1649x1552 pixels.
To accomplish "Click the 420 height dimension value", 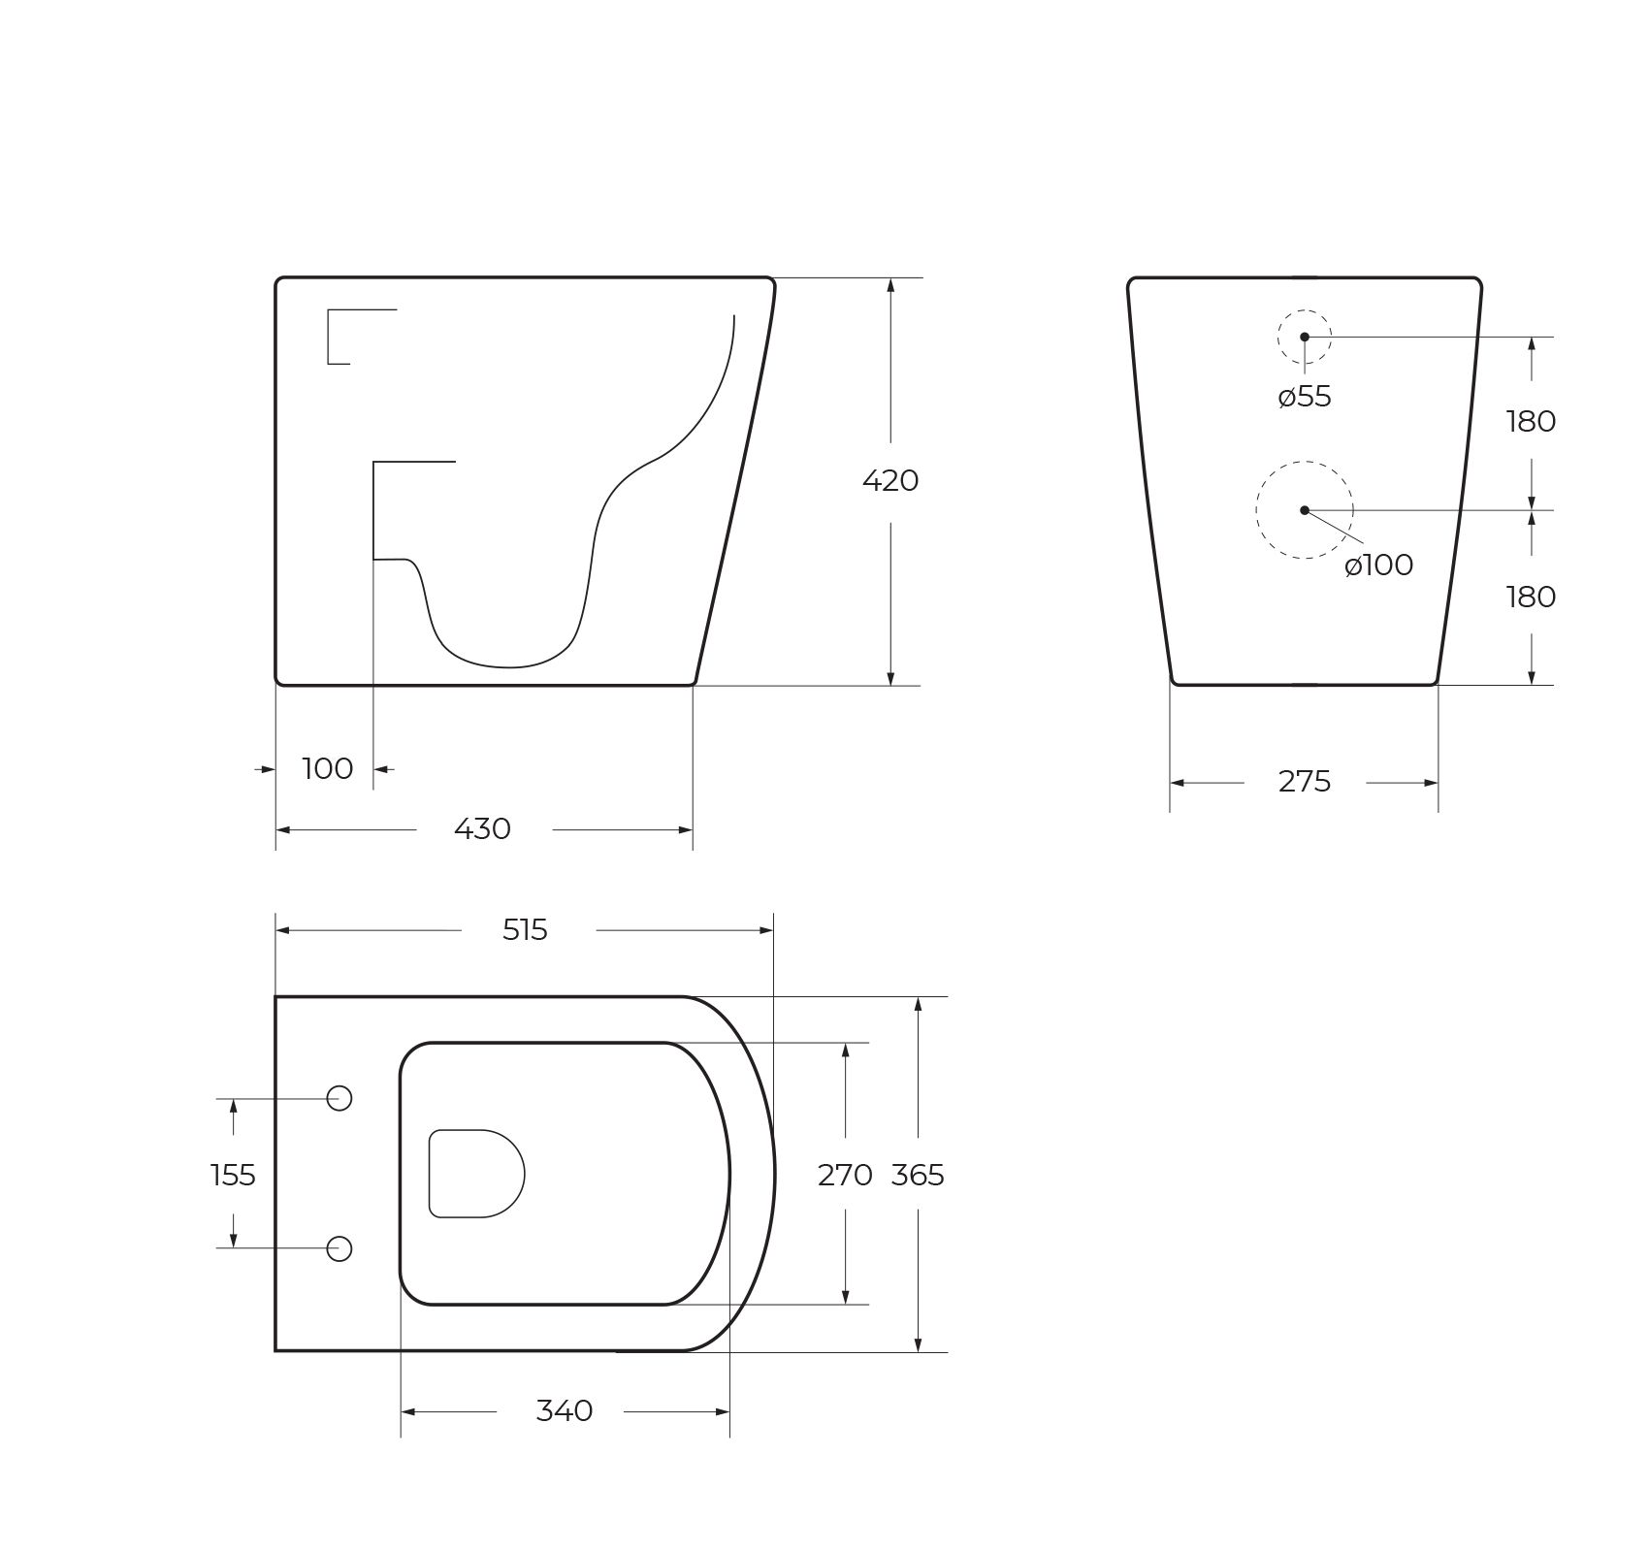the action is click(x=890, y=481).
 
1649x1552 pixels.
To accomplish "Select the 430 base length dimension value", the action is click(x=482, y=829).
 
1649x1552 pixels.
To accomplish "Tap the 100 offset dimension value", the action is click(x=328, y=769).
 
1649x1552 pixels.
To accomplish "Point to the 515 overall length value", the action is click(x=525, y=930).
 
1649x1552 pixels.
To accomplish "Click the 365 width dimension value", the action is click(x=918, y=1176).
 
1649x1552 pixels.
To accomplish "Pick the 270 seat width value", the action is click(x=845, y=1176).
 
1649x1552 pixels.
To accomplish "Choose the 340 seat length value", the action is click(x=565, y=1411).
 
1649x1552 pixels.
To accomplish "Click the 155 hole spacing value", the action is click(x=233, y=1176).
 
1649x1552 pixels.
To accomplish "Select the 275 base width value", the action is click(x=1305, y=782).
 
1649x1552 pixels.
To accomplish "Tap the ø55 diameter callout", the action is click(x=1305, y=397).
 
